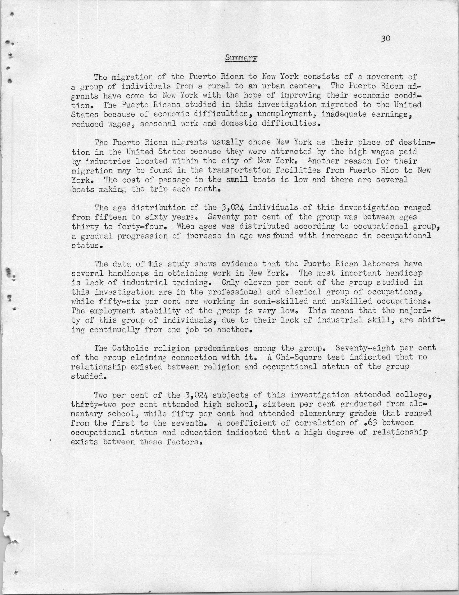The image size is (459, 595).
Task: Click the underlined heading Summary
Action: (x=241, y=58)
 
